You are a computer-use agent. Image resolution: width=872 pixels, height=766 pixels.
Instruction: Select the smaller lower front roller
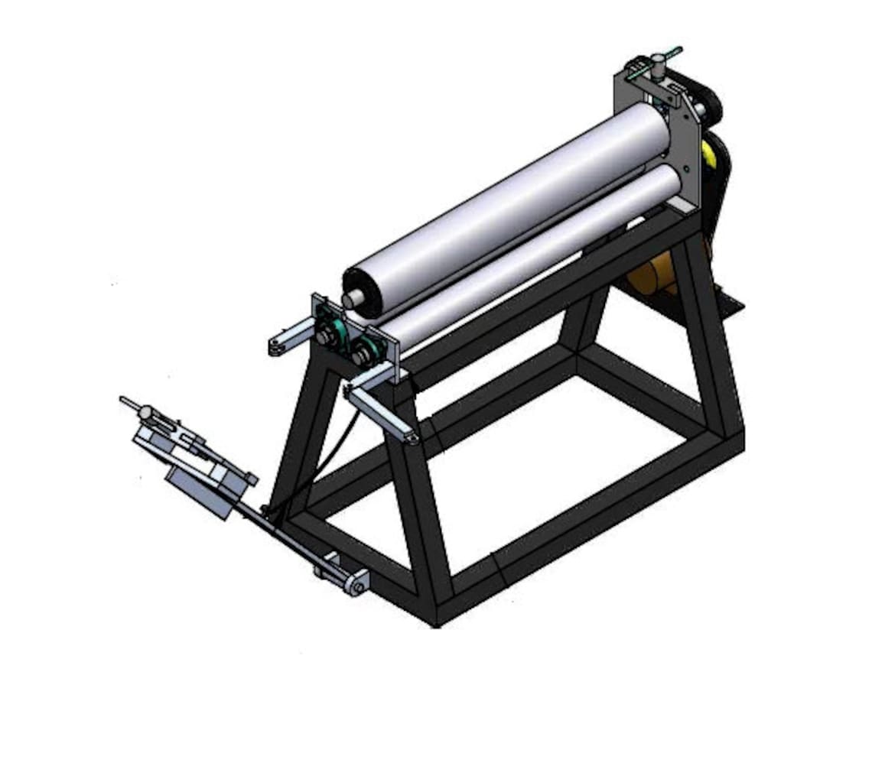[x=535, y=260]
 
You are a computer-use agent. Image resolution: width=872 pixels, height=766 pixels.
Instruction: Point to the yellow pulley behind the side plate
[x=712, y=157]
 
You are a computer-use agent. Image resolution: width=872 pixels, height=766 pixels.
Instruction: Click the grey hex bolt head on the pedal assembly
[x=145, y=413]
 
